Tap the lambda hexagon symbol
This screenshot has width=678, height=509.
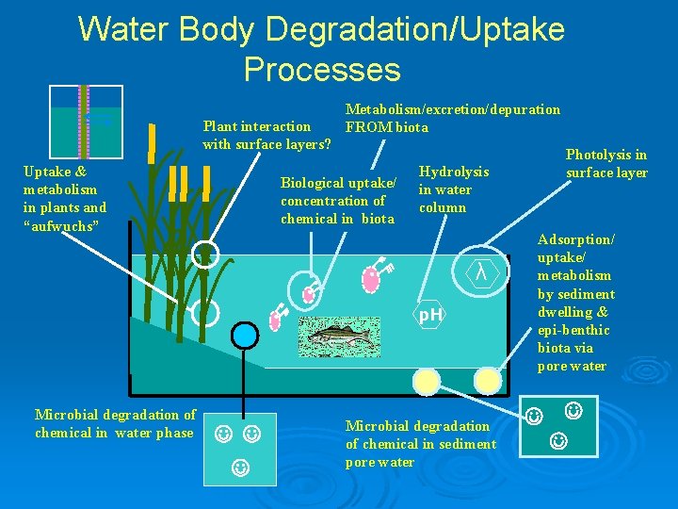pyautogui.click(x=481, y=272)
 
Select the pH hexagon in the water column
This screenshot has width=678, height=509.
pyautogui.click(x=430, y=315)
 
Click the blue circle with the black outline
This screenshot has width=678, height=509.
pyautogui.click(x=245, y=335)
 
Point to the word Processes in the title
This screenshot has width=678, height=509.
pyautogui.click(x=322, y=70)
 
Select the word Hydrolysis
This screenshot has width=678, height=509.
pyautogui.click(x=453, y=172)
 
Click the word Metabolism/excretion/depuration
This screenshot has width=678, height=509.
pyautogui.click(x=453, y=109)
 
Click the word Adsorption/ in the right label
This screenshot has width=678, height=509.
pyautogui.click(x=575, y=240)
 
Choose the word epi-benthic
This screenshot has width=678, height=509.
pyautogui.click(x=573, y=330)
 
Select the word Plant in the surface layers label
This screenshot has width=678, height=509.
pyautogui.click(x=218, y=126)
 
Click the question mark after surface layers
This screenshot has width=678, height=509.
pyautogui.click(x=327, y=144)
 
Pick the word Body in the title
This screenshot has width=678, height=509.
pyautogui.click(x=217, y=30)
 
